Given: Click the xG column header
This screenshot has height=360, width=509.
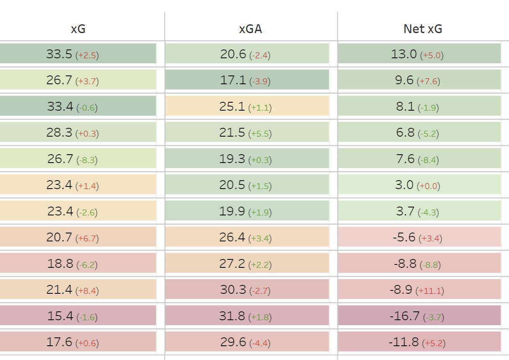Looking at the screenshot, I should click(x=78, y=28).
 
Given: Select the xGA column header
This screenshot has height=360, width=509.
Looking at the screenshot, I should click(x=251, y=28).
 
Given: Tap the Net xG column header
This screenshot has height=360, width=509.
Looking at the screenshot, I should click(x=423, y=28).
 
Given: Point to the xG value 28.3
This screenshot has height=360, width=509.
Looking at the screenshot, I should click(x=59, y=132).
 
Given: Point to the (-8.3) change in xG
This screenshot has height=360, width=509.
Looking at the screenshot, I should click(x=87, y=160).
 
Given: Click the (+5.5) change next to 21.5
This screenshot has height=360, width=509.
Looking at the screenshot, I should click(x=260, y=134).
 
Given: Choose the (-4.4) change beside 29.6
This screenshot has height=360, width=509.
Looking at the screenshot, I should click(x=260, y=343).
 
